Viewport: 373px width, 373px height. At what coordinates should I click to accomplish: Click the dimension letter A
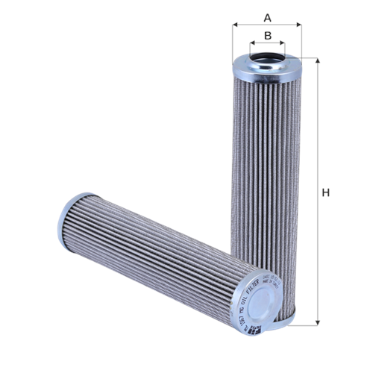tap(267, 16)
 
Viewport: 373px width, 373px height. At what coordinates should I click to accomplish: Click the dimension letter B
tap(267, 35)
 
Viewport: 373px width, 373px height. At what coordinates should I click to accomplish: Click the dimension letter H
tap(325, 193)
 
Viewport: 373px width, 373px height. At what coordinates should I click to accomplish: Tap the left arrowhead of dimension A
tap(235, 25)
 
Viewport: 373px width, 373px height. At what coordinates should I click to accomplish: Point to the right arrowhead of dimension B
tap(283, 45)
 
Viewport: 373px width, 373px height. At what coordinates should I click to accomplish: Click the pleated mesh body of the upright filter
tap(267, 172)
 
